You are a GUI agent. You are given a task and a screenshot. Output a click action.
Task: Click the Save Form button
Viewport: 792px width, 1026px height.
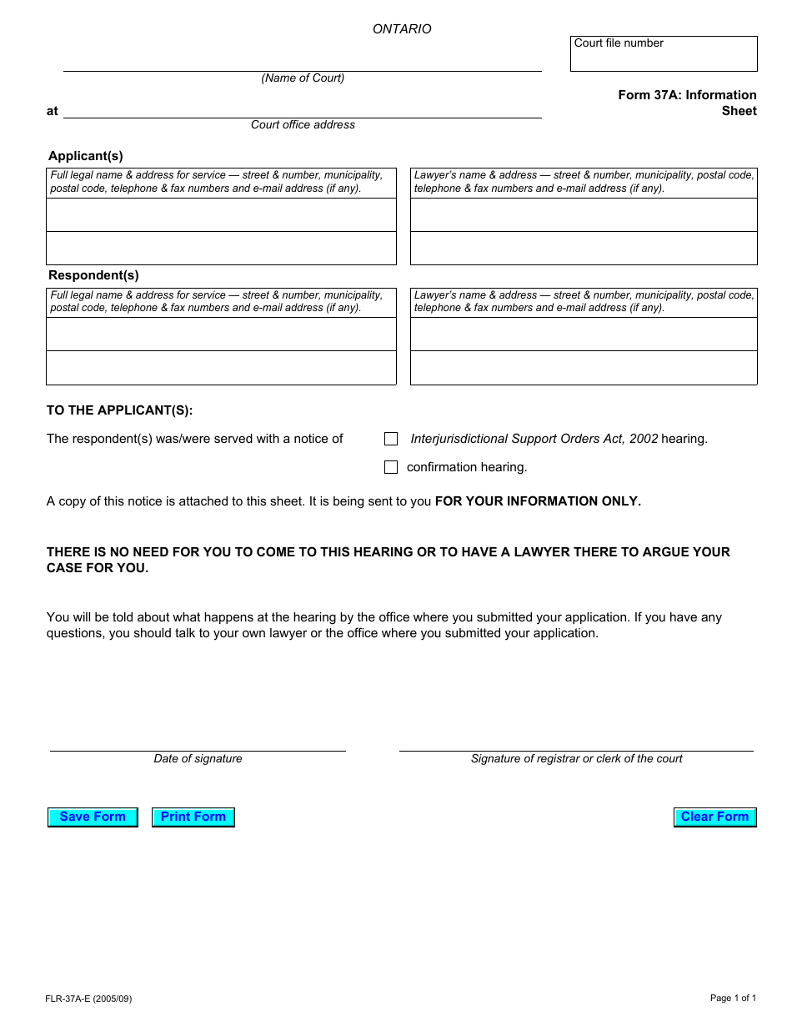(x=93, y=817)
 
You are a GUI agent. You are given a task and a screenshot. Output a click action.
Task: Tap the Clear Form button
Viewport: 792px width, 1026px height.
(x=714, y=817)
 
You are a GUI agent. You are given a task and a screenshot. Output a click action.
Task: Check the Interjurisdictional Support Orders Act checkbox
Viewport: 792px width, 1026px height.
(x=391, y=439)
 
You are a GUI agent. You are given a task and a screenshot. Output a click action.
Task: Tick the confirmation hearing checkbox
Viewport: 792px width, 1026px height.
(x=391, y=467)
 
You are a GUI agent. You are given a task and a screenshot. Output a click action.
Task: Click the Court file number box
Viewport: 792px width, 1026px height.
(x=664, y=54)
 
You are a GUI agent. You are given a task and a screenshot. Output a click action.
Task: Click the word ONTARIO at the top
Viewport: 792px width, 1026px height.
(x=402, y=29)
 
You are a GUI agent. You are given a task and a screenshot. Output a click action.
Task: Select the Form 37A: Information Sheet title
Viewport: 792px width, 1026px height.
(x=687, y=103)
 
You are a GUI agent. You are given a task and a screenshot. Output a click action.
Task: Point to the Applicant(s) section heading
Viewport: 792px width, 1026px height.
(x=86, y=156)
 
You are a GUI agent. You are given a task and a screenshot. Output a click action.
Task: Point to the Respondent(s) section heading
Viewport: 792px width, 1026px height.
(x=93, y=275)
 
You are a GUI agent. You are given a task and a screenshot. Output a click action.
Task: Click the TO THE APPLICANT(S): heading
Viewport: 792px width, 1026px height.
(x=119, y=410)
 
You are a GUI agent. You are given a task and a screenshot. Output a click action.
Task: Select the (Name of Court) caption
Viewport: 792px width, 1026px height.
(x=303, y=78)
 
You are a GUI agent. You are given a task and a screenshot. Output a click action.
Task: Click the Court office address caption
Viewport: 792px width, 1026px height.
(x=303, y=125)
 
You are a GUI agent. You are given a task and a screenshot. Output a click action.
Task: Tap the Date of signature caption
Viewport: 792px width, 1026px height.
(x=198, y=759)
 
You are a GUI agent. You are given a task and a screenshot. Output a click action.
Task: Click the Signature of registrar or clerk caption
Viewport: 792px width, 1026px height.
(x=576, y=759)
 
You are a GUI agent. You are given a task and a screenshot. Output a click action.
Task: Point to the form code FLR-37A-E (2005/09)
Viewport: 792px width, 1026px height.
(x=88, y=998)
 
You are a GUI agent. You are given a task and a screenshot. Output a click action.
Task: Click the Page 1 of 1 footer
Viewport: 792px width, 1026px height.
(x=733, y=998)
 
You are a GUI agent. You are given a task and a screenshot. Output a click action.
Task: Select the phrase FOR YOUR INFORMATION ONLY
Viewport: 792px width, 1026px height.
(x=538, y=502)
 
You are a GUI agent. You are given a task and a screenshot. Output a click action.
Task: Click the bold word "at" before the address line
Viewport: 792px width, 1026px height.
(x=53, y=111)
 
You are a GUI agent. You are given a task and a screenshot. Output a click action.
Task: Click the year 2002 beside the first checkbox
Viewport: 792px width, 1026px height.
(x=644, y=439)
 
